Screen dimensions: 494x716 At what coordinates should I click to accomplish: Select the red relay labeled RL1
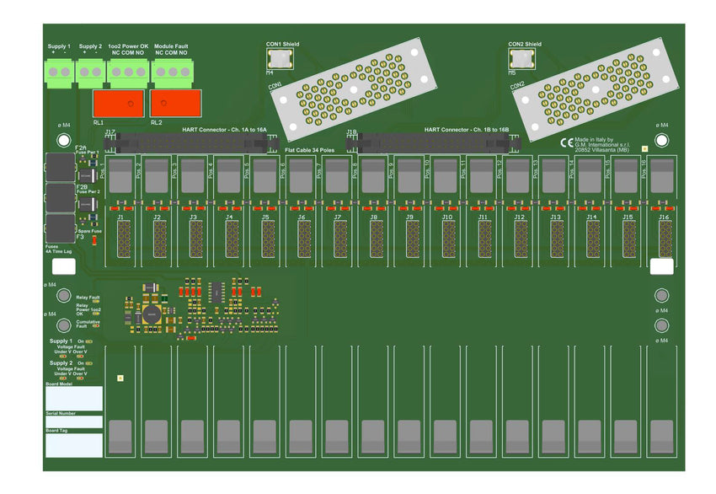[x=118, y=104]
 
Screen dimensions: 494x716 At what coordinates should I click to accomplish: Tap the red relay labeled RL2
[x=175, y=104]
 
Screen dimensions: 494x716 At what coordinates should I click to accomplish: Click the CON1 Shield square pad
[x=279, y=58]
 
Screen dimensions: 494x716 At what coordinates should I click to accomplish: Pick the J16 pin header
[x=665, y=239]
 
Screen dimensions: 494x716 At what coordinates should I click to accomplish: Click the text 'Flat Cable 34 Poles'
[x=309, y=150]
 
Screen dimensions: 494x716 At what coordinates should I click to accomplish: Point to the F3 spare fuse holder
[x=60, y=228]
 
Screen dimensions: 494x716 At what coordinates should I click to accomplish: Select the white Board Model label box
[x=74, y=399]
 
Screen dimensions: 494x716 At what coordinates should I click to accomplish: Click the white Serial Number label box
[x=74, y=422]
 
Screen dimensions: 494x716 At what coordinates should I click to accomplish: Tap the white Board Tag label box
[x=74, y=444]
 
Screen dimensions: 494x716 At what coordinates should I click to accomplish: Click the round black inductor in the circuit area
[x=152, y=314]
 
